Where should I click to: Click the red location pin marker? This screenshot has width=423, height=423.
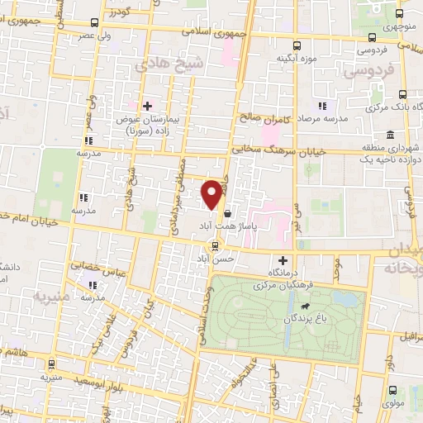click(x=212, y=193)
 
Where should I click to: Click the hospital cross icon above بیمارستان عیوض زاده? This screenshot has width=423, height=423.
click(x=147, y=106)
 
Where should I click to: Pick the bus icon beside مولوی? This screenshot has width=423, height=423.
click(x=392, y=392)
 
